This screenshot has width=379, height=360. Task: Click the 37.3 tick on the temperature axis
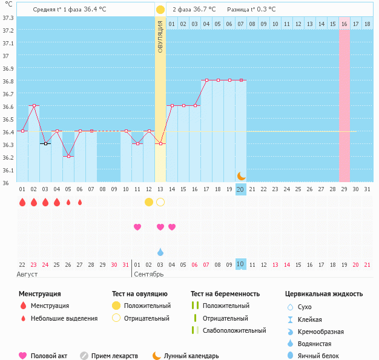coord(8,18)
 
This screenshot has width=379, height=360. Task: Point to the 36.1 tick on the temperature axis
coord(8,170)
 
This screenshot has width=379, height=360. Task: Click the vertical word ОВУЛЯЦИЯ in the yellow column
coord(160,36)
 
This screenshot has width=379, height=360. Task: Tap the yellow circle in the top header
coord(160,10)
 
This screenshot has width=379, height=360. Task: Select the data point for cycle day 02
coord(34,105)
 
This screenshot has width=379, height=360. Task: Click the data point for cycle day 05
coord(68,156)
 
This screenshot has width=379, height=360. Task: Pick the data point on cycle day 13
coord(160,143)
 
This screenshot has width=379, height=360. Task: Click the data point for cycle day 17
coord(206,80)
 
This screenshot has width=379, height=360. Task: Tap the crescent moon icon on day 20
coord(241,175)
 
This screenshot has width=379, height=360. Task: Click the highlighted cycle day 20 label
coord(240,189)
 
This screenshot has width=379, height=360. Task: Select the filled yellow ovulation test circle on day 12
coord(149,201)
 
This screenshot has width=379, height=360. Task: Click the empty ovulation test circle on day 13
coord(160,201)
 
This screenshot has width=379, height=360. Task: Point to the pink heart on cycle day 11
coord(137,227)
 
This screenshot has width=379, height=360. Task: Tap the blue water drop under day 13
coord(160,252)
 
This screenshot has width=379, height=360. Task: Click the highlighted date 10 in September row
coord(240,264)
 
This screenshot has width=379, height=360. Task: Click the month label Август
coord(27,274)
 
